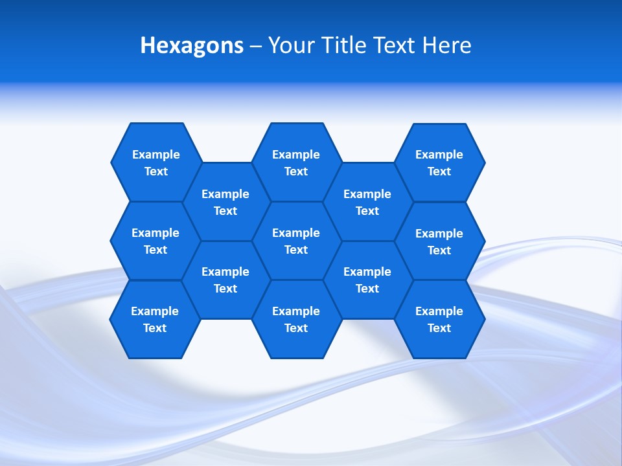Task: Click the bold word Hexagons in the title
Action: (192, 45)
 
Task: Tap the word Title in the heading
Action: (347, 45)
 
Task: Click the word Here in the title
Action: (447, 45)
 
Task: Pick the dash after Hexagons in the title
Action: (256, 46)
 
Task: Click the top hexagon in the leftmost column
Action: (156, 162)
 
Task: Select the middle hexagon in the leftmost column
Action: (155, 241)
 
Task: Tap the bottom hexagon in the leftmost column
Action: (155, 319)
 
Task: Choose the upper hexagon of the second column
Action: (225, 202)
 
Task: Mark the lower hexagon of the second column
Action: (225, 280)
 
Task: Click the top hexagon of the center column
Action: (296, 162)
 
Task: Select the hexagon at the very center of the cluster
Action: (296, 241)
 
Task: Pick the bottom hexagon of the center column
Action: (296, 319)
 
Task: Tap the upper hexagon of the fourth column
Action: (367, 202)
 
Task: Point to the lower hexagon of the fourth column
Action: (367, 280)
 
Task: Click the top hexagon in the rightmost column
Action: (439, 162)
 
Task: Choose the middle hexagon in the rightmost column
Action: (439, 241)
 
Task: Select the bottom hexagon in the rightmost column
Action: (439, 319)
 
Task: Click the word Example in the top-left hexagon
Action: (156, 154)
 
